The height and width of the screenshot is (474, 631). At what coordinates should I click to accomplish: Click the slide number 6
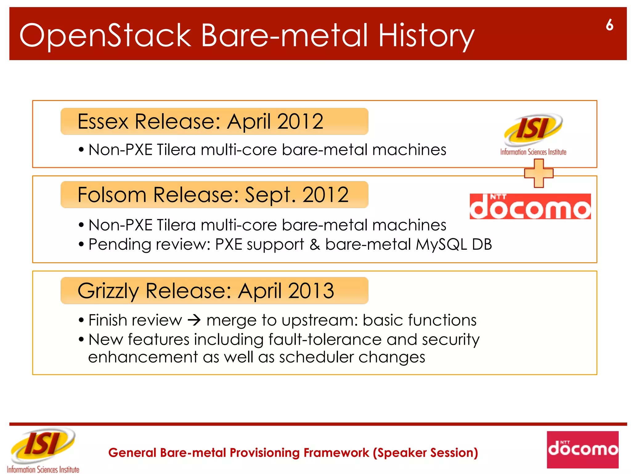(x=609, y=25)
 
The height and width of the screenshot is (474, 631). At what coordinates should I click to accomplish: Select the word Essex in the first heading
(x=103, y=121)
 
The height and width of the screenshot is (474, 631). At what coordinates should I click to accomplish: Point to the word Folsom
(x=112, y=195)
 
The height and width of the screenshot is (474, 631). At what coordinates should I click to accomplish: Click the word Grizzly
(x=108, y=291)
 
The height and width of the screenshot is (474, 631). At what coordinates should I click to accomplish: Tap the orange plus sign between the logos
(x=539, y=173)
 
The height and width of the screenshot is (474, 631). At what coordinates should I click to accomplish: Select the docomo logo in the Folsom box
(x=530, y=206)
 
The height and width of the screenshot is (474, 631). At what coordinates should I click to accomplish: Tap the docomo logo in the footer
(x=582, y=449)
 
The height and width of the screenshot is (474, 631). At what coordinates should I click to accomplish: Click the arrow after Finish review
(x=194, y=320)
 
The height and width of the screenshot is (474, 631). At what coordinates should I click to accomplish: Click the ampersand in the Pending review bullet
(x=315, y=244)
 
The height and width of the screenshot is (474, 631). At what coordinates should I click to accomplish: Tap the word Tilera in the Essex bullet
(x=176, y=150)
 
